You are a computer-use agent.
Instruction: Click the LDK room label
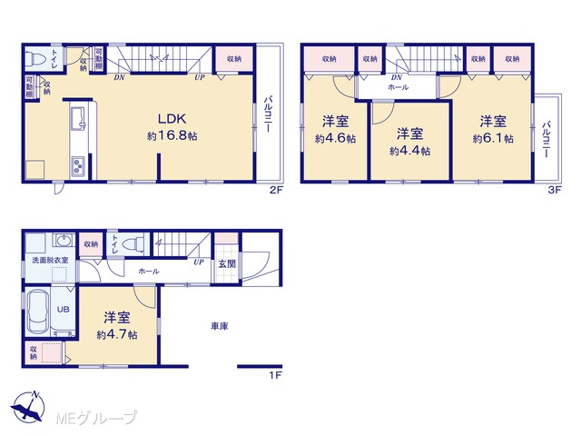coord(172,119)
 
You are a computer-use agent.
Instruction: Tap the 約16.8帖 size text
coord(172,136)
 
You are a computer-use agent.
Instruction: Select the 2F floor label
coord(276,191)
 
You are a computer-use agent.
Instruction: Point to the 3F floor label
coord(555,191)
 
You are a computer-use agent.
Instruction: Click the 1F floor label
coord(275,375)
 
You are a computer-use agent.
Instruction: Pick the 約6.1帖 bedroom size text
coord(493,139)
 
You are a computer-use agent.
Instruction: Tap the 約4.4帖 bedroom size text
coord(409,151)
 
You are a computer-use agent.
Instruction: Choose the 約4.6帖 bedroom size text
coord(335,139)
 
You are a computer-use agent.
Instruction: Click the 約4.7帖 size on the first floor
coord(117,335)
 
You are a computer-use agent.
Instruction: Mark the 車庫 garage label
coord(220,326)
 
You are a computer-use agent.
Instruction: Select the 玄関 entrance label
coord(226,264)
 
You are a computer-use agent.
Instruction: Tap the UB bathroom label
coord(63,309)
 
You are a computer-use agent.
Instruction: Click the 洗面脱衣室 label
coord(50,261)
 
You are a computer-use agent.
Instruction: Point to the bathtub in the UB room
coord(38,311)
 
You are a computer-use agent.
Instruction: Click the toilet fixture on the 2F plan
coord(35,58)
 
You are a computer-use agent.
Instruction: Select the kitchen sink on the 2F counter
coord(78,117)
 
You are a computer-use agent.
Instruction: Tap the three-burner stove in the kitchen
coord(78,166)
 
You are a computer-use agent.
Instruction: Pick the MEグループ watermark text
coord(96,418)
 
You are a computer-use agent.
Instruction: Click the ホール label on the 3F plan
coord(398,87)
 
